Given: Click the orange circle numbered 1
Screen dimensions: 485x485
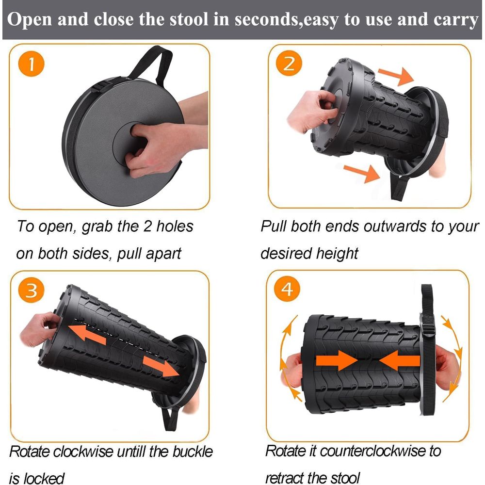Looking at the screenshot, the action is [31, 64].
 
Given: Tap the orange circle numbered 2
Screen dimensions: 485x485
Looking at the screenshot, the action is [289, 64].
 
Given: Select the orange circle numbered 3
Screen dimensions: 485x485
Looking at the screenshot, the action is [31, 291].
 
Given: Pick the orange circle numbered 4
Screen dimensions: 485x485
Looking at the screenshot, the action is [287, 289].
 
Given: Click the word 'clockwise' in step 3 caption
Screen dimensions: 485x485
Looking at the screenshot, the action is [83, 452].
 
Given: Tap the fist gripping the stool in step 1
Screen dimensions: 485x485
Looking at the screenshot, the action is [161, 149].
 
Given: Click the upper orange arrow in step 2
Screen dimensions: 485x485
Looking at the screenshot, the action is [396, 76].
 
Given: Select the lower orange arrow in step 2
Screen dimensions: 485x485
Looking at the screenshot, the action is [362, 173].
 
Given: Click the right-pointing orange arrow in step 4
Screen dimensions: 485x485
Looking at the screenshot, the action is [337, 360].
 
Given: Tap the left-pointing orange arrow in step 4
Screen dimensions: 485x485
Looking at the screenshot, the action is [400, 360].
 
